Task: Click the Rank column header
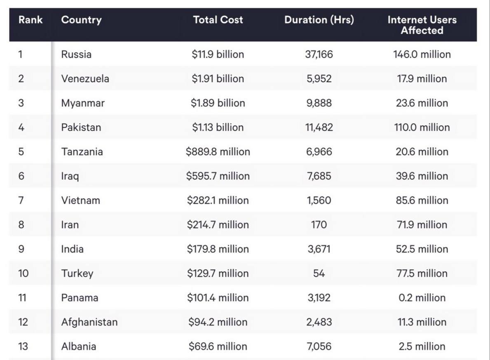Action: click(x=30, y=20)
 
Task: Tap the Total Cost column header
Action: click(x=218, y=20)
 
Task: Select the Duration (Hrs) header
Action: click(x=319, y=20)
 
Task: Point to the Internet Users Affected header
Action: click(x=422, y=25)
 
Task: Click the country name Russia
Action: click(x=76, y=54)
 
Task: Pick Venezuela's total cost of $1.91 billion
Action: click(x=218, y=79)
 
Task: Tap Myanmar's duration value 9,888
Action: click(x=319, y=103)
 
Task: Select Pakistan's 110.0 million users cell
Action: click(x=422, y=127)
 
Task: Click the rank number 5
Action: click(x=21, y=152)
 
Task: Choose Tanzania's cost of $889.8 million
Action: click(x=218, y=152)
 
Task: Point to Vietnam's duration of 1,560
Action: click(x=319, y=200)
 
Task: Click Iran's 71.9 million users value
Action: click(x=422, y=225)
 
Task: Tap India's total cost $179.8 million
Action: click(x=218, y=249)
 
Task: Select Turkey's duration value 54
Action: click(x=319, y=273)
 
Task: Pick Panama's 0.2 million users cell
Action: click(x=422, y=298)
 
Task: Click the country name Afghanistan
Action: click(x=89, y=322)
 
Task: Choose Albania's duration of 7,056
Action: click(x=319, y=346)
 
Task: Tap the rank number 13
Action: click(x=23, y=346)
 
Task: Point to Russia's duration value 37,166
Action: click(x=319, y=54)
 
